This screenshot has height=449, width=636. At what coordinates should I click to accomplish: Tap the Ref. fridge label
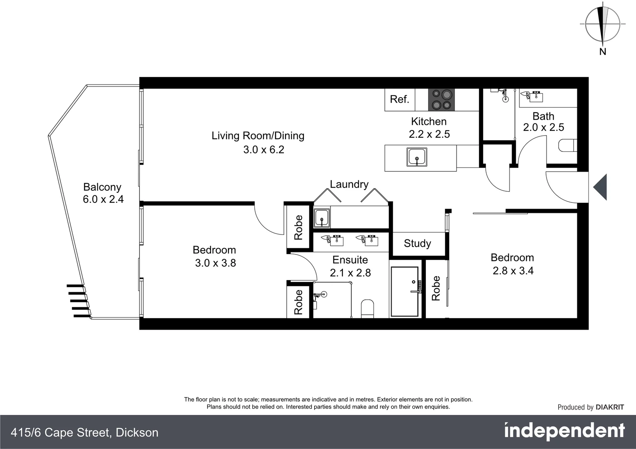tap(399, 99)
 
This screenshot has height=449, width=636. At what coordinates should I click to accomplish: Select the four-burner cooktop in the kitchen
tap(441, 100)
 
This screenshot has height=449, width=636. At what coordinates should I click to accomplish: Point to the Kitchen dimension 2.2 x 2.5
tap(429, 134)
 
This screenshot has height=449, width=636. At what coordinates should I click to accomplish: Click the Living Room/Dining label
tap(258, 136)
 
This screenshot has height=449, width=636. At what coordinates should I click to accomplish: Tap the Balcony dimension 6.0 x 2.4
tap(103, 200)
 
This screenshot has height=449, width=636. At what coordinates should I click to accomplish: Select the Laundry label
tap(349, 184)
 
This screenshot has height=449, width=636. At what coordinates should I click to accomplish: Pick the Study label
tap(417, 244)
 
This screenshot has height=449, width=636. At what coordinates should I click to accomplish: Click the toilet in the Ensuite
tap(368, 308)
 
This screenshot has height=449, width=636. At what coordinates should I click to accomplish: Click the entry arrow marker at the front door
tap(600, 187)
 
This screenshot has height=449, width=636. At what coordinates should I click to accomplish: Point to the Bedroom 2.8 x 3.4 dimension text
tap(513, 271)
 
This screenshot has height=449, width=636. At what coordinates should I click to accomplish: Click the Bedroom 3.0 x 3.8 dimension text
tap(215, 263)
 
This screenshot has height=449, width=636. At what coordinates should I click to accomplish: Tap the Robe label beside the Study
tap(436, 288)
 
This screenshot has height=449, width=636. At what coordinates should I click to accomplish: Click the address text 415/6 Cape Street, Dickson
tap(84, 433)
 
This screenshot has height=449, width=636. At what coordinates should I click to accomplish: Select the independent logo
tap(564, 431)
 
